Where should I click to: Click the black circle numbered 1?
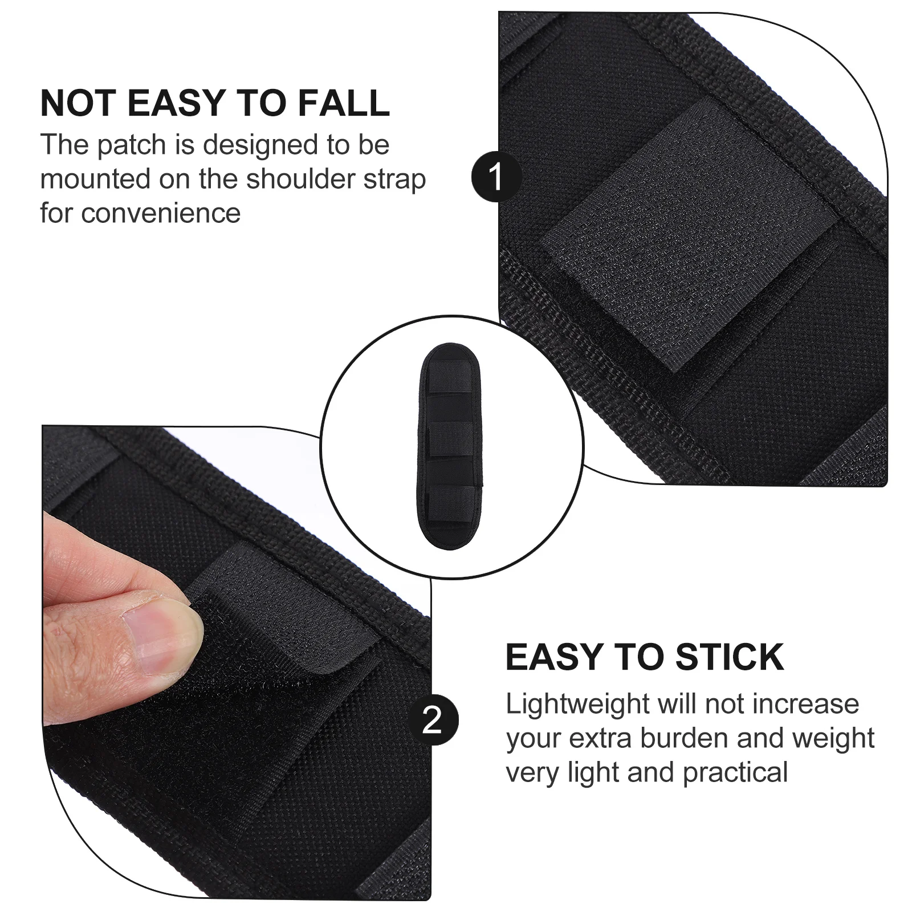496,177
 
